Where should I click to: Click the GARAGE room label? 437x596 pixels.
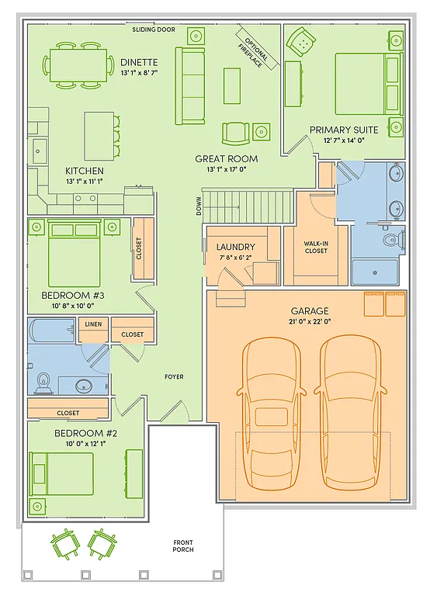pyautogui.click(x=310, y=310)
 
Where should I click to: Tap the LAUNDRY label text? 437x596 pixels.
pyautogui.click(x=236, y=248)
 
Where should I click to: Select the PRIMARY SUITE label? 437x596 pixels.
pyautogui.click(x=344, y=130)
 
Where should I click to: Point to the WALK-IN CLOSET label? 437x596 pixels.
pyautogui.click(x=315, y=247)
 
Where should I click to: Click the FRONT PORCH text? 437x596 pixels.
pyautogui.click(x=183, y=546)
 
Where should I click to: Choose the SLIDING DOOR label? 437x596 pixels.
pyautogui.click(x=154, y=29)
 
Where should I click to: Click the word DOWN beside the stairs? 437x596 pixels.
pyautogui.click(x=199, y=206)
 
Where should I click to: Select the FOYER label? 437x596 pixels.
pyautogui.click(x=174, y=376)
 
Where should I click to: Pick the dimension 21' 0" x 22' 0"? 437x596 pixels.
pyautogui.click(x=310, y=321)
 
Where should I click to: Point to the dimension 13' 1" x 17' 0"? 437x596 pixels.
pyautogui.click(x=226, y=169)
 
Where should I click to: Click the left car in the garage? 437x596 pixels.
pyautogui.click(x=272, y=403)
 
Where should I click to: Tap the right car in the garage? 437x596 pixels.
pyautogui.click(x=351, y=403)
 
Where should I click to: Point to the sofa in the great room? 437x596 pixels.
pyautogui.click(x=189, y=85)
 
